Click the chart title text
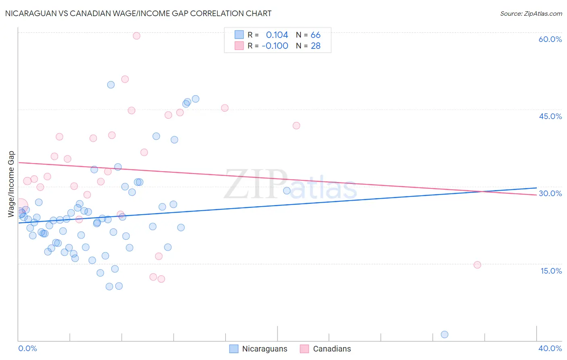point(138,13)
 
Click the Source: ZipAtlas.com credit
point(531,13)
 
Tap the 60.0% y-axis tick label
point(550,39)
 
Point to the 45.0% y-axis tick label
point(550,116)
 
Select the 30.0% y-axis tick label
point(550,193)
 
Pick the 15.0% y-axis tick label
point(551,271)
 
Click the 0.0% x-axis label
point(27,348)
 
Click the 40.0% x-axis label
point(550,348)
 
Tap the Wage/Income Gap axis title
point(11,184)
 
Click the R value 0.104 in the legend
point(277,35)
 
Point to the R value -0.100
point(275,46)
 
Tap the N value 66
point(315,35)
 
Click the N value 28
point(315,46)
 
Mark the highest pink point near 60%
point(137,36)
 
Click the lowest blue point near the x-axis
point(444,334)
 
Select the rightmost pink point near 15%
point(477,265)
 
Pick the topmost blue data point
point(111,85)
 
